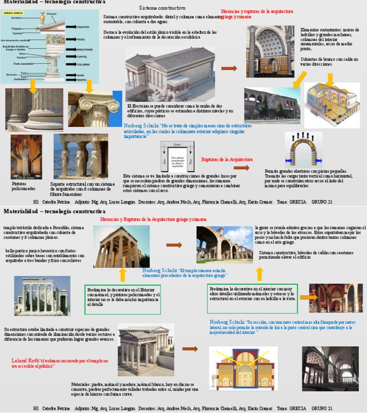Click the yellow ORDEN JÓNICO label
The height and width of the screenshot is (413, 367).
(14, 13)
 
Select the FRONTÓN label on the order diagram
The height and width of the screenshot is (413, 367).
(83, 27)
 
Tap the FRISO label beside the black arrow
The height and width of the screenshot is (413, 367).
(80, 40)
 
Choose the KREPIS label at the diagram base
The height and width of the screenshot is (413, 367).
(82, 80)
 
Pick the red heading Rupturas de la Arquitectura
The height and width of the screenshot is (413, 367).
(227, 159)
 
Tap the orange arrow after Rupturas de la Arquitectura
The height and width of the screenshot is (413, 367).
(241, 168)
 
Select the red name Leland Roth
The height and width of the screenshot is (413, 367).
(25, 361)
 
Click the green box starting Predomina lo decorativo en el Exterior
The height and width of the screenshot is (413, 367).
(122, 299)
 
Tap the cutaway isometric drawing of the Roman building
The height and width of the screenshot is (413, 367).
(332, 105)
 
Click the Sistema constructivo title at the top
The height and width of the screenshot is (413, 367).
(162, 8)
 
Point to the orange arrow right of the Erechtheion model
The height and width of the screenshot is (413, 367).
(229, 69)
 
